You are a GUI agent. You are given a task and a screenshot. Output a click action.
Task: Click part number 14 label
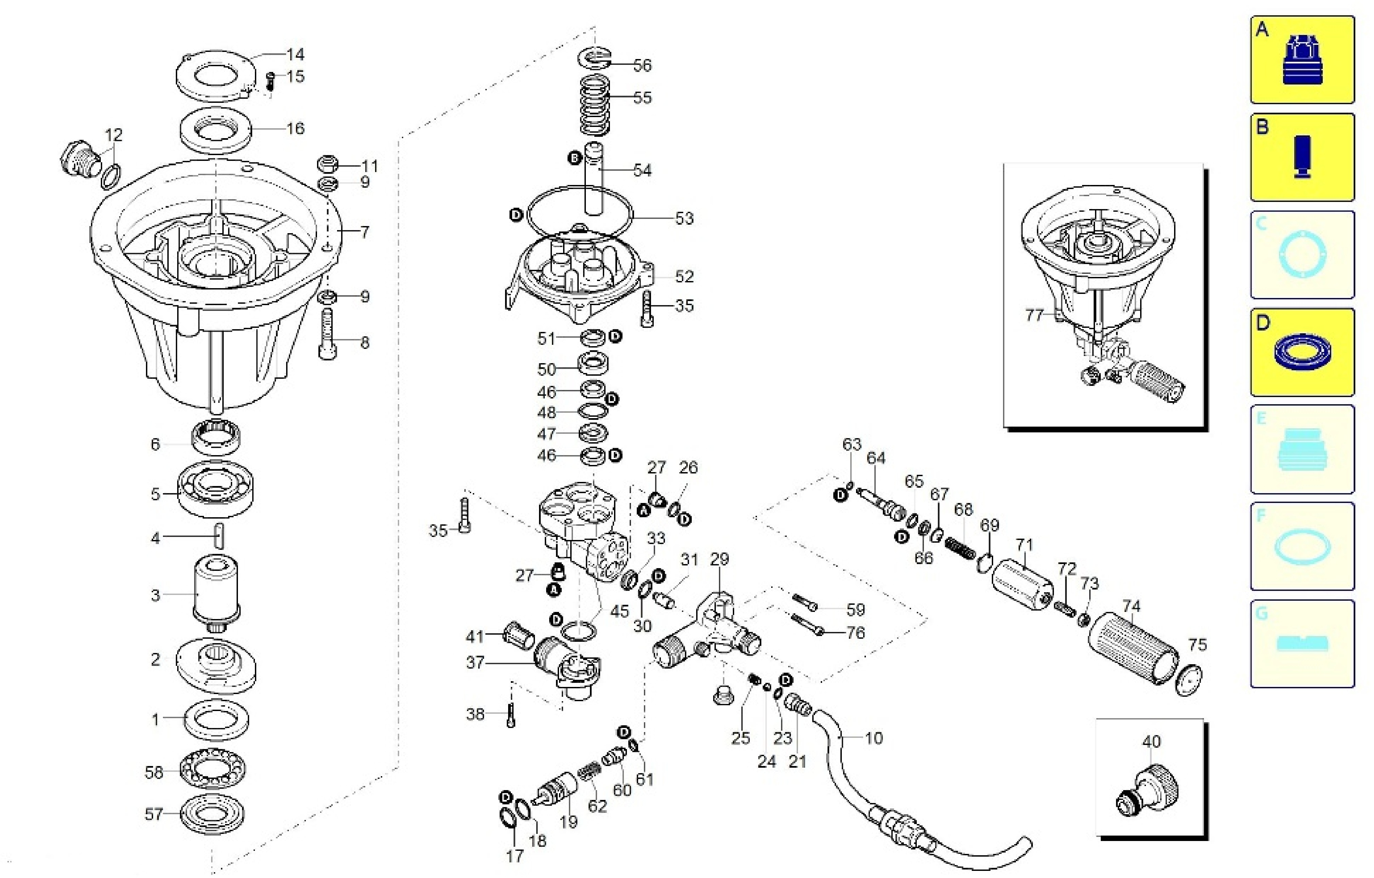pyautogui.click(x=296, y=55)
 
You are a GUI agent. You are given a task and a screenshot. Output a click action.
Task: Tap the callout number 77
pyautogui.click(x=1034, y=315)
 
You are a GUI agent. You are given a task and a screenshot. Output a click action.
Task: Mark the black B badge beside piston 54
pyautogui.click(x=575, y=158)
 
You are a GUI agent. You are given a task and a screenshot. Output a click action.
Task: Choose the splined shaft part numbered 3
pyautogui.click(x=216, y=593)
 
